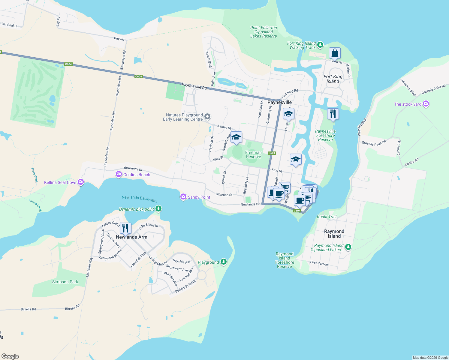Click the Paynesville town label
coord(279,102)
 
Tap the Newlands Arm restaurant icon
coord(125,228)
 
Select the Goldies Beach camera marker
coord(119,174)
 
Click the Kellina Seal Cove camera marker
coord(80,182)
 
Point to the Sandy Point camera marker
coord(183,197)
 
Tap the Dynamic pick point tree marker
coord(158,208)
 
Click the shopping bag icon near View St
coord(335,53)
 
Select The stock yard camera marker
coord(426,104)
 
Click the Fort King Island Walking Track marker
coord(320,45)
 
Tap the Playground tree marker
coord(223,262)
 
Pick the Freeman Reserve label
coord(253,154)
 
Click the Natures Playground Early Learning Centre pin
coord(207,116)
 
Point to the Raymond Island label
coord(334,234)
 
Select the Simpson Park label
coord(65,282)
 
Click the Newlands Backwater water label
coord(140,199)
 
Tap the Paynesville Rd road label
coord(194,86)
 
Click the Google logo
coord(10,356)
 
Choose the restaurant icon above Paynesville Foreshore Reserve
coord(333,114)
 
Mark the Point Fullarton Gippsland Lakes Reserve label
coord(264,32)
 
